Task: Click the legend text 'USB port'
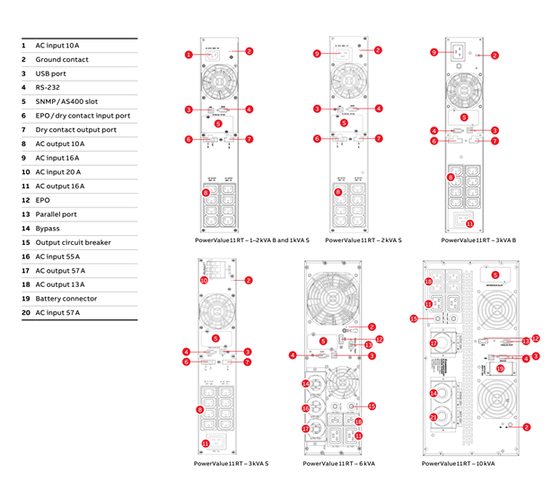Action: pyautogui.click(x=50, y=74)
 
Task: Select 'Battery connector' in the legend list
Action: pyautogui.click(x=66, y=298)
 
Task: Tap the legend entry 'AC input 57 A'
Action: pyautogui.click(x=57, y=312)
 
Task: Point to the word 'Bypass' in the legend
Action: pyautogui.click(x=48, y=228)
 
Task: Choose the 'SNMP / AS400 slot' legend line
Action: pyautogui.click(x=68, y=101)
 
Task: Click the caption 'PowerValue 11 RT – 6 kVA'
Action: pyautogui.click(x=338, y=464)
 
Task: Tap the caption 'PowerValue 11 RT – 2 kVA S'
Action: pyautogui.click(x=363, y=240)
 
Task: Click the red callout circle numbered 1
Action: pyautogui.click(x=189, y=55)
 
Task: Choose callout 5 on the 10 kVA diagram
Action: pyautogui.click(x=495, y=274)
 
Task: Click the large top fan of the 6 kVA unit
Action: pyautogui.click(x=337, y=293)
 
